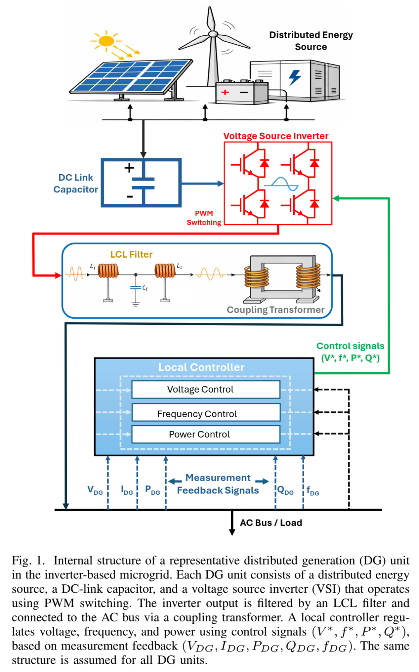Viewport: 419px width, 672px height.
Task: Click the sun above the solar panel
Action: pos(106,41)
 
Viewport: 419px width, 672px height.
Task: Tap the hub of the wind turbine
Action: pos(213,34)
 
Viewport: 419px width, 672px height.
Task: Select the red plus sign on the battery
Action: pos(225,92)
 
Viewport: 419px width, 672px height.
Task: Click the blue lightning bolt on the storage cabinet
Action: pos(295,76)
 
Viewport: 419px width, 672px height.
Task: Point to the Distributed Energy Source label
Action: pos(311,41)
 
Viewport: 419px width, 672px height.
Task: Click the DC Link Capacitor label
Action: pos(76,184)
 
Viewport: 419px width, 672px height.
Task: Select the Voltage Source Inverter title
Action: pos(276,136)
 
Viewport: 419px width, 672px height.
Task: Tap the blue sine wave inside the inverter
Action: pos(281,184)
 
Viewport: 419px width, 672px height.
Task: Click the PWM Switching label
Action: pos(204,218)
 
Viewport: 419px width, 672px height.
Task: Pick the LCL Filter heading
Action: pos(131,255)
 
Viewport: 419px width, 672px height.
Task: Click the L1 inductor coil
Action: pos(108,270)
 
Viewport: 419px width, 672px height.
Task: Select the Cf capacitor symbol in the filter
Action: pos(136,288)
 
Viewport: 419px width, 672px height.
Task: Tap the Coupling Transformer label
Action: pos(275,310)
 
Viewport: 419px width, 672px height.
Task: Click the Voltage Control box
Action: pos(206,390)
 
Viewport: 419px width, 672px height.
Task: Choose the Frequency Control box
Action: pos(206,414)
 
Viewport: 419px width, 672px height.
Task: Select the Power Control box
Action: pos(206,435)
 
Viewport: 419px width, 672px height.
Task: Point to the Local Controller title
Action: pos(201,367)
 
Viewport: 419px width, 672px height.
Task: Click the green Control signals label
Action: pos(350,352)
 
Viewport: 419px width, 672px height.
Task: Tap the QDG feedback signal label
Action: pos(286,490)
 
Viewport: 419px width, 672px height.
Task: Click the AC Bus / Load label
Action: pos(271,523)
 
